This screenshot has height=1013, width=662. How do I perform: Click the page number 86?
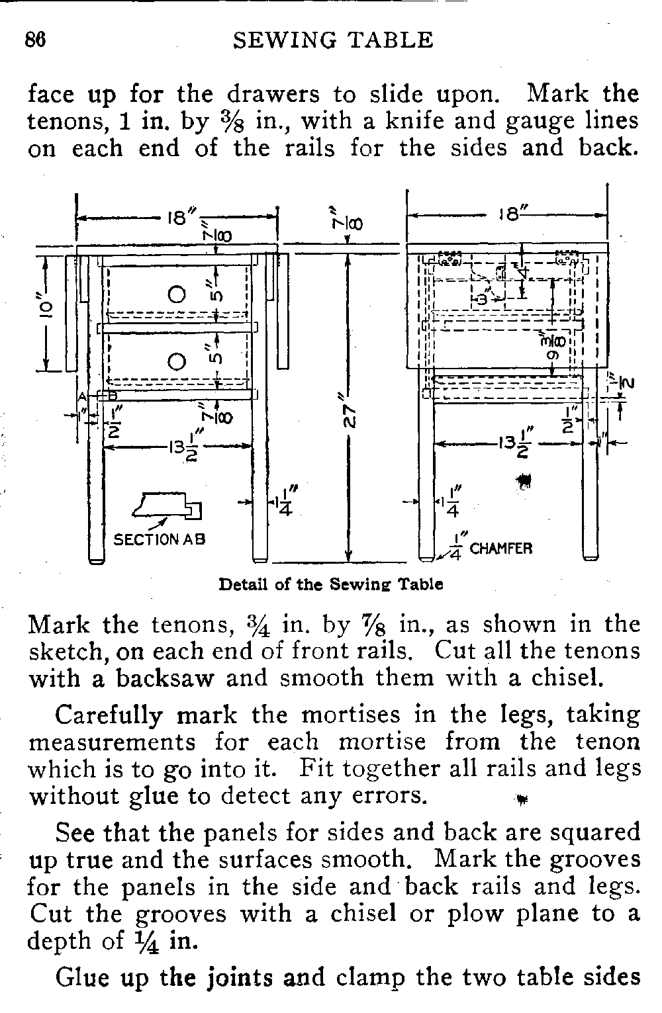[35, 40]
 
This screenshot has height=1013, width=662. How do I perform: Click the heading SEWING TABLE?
[334, 40]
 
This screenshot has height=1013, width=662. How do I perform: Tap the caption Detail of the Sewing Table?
[330, 585]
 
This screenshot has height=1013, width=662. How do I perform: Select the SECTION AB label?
[160, 539]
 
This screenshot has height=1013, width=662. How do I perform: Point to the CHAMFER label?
[501, 549]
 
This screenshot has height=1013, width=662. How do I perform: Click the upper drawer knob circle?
[176, 293]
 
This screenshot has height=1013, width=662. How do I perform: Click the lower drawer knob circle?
[176, 361]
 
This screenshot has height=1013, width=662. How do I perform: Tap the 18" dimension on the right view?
[507, 215]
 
